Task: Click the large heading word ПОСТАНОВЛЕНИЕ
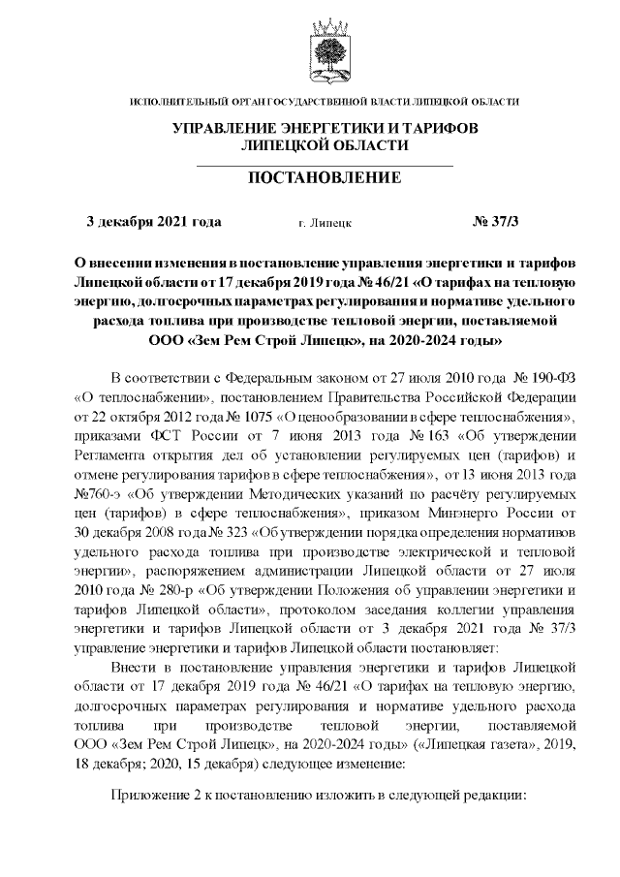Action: (x=325, y=178)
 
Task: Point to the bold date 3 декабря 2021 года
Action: (x=154, y=221)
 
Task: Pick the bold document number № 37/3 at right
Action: (x=495, y=221)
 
